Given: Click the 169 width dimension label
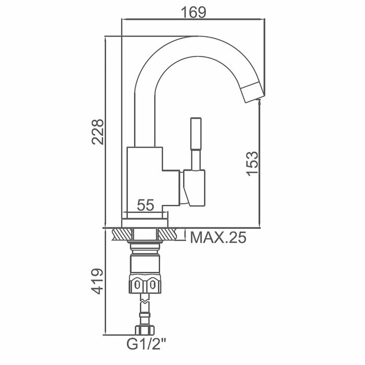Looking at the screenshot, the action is (192, 11).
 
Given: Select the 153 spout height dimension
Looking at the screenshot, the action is (252, 163).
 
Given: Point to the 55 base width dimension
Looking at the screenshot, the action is (145, 205).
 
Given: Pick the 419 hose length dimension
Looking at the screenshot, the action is (98, 282).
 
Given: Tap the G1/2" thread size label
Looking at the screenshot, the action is (148, 345).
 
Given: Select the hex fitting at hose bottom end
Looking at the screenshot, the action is (144, 330).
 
